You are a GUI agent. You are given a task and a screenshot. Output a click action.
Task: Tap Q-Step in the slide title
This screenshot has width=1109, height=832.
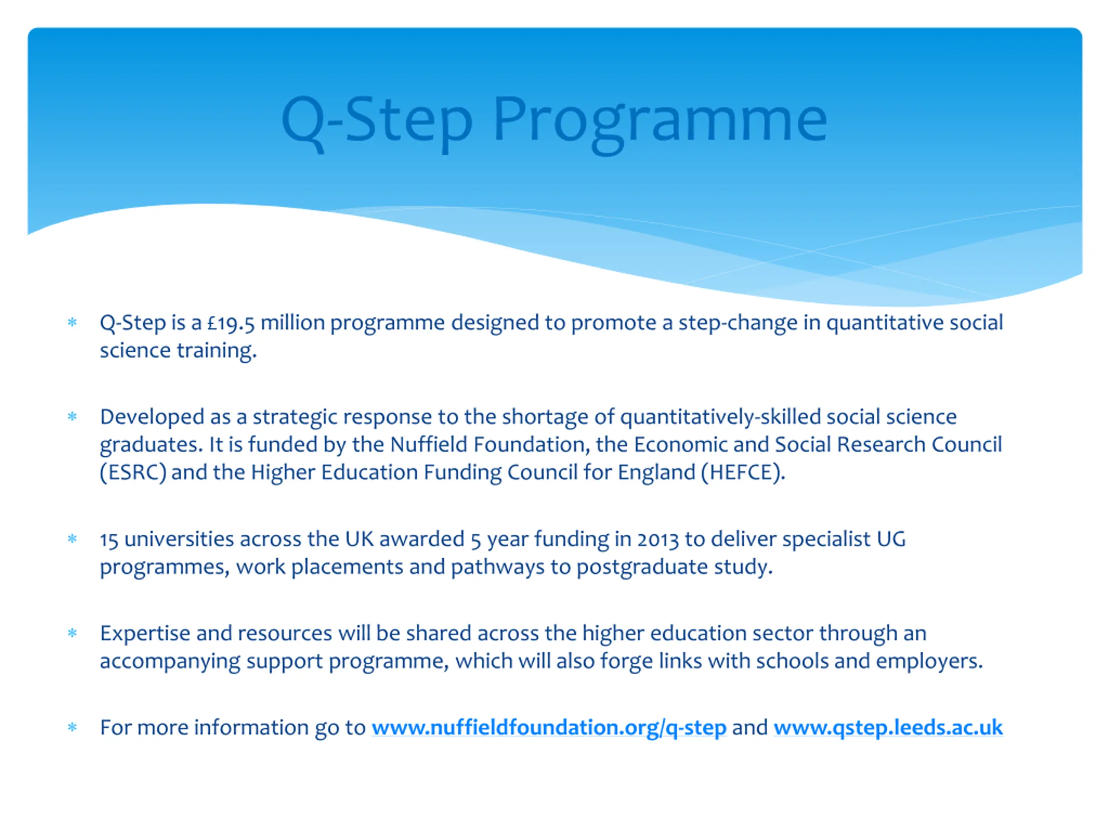coord(376,120)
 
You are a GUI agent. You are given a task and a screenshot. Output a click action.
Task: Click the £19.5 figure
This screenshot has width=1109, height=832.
coord(230,323)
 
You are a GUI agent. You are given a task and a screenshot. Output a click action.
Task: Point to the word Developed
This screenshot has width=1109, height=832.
coord(152,417)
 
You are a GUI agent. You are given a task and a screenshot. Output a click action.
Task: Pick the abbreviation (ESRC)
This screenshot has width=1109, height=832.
coord(133,472)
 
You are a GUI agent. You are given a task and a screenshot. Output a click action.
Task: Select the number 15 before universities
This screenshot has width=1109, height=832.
coord(109,540)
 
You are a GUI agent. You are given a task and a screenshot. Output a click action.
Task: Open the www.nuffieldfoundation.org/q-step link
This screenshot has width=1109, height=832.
coord(548,728)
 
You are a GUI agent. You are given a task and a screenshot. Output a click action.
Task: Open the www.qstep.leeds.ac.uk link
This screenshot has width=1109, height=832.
coord(888,728)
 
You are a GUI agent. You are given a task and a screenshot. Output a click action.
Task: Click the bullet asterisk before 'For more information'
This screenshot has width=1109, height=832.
coord(72,728)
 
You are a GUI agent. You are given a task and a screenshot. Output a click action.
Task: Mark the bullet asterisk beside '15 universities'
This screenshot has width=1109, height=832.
coord(72,539)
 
